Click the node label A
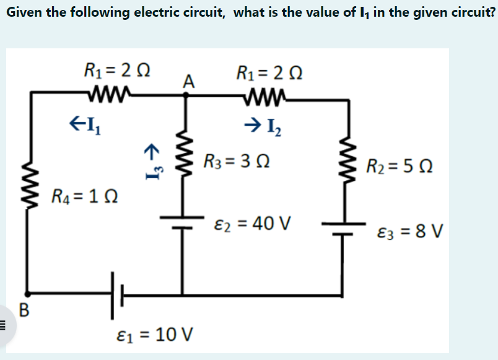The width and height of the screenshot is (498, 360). click(190, 81)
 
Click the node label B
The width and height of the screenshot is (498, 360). click(24, 309)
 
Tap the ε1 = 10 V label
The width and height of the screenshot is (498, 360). click(155, 335)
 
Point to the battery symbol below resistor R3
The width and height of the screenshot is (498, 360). click(183, 222)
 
